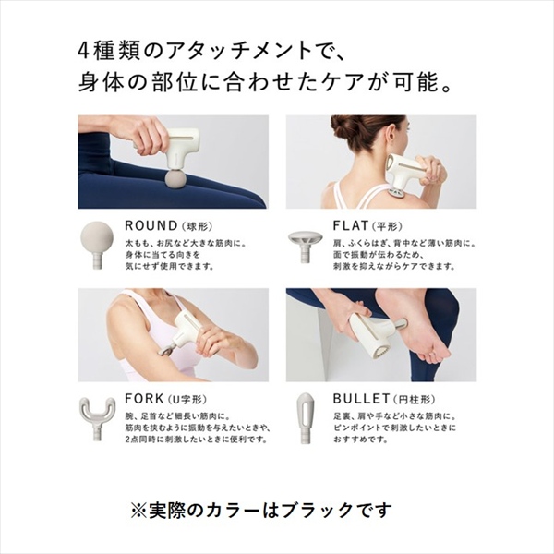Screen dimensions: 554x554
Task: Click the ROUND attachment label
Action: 151,225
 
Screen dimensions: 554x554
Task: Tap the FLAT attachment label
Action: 351,225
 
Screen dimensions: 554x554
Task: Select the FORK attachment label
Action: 144,399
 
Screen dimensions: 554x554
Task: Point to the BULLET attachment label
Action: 361,399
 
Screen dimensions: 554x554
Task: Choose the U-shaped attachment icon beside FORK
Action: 97,417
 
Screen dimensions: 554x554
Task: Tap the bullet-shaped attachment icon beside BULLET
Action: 305,417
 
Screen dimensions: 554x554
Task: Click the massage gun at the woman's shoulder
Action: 406,174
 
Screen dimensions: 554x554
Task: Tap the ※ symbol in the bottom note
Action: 138,511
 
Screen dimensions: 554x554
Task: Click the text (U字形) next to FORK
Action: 187,400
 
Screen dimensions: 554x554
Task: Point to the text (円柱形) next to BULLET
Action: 414,400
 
